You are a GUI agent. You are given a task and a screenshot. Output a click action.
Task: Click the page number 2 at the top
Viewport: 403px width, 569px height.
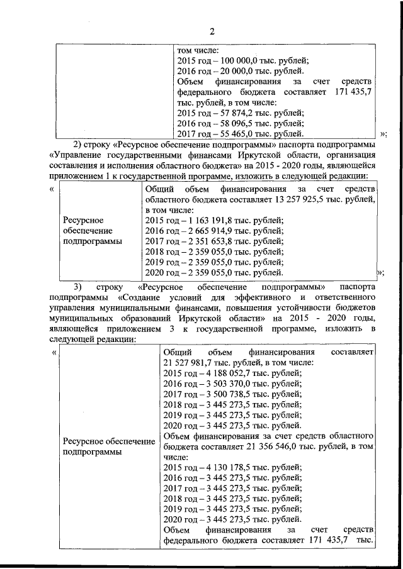[212, 31]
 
